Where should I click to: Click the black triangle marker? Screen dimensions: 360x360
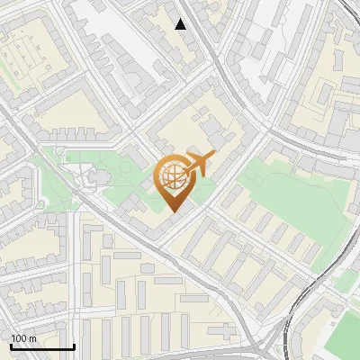tap(181, 24)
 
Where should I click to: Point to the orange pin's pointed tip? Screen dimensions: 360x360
tap(175, 211)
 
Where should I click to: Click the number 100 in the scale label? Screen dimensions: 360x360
tap(19, 337)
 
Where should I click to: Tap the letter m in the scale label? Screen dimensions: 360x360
tap(32, 337)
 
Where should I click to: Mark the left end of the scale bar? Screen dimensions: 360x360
tap(10, 346)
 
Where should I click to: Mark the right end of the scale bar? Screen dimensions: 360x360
tap(73, 346)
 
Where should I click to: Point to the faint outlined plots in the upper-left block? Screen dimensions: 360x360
tap(22, 58)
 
